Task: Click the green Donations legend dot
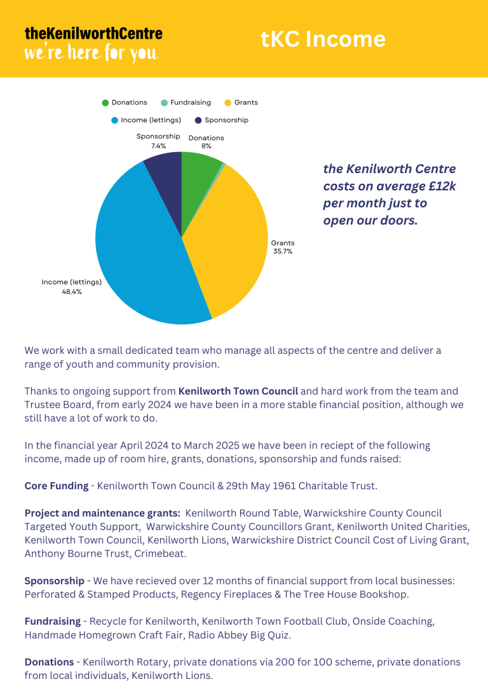point(105,102)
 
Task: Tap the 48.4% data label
point(71,292)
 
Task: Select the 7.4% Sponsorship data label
point(158,146)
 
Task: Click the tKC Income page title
point(323,39)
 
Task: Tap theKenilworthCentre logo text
point(93,33)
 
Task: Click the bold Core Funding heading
point(57,485)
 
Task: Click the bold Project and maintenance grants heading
point(102,513)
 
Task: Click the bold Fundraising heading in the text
point(53,621)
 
